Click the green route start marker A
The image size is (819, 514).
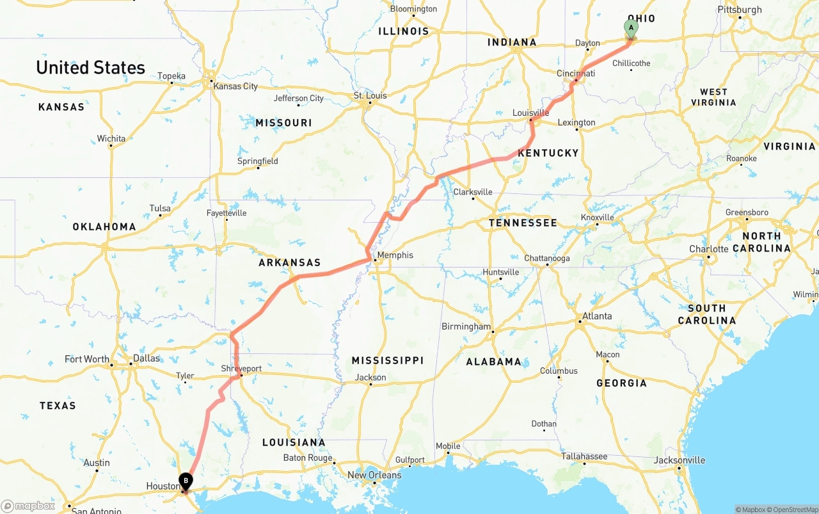[630, 28]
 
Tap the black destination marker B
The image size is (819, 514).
[186, 480]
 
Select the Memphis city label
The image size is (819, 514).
[395, 255]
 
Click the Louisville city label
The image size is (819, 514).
[530, 113]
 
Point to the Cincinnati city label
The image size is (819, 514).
[575, 74]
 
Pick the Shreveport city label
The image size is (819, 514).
[241, 369]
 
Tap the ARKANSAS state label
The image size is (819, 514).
[289, 263]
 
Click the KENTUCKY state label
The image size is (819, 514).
[548, 153]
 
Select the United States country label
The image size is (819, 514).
[90, 67]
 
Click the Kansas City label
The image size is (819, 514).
[235, 86]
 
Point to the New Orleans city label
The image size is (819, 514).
[374, 475]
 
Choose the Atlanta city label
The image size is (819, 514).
[596, 316]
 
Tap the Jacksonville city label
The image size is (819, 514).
[680, 460]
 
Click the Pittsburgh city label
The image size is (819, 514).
[740, 10]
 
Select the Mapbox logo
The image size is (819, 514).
[28, 506]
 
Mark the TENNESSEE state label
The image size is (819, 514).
[522, 223]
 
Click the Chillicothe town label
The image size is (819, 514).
[631, 63]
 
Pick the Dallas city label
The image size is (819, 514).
[147, 358]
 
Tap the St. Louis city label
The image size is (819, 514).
[370, 96]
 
